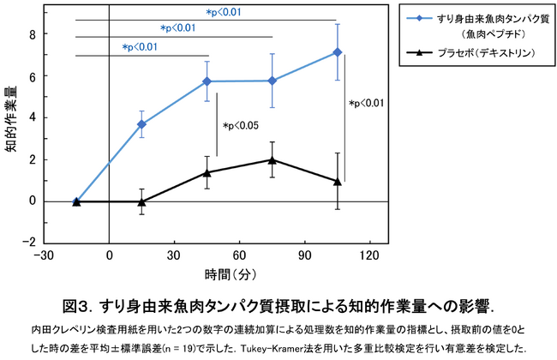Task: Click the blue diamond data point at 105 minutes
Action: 337,52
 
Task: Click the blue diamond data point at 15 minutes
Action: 141,124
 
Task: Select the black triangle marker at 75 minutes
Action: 272,159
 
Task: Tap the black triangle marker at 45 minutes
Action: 207,172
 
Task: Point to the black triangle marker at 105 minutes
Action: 337,181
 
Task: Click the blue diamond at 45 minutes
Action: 207,81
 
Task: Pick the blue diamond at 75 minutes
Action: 272,81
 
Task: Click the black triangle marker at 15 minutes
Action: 141,201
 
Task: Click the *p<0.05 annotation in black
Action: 241,126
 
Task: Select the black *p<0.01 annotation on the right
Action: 366,104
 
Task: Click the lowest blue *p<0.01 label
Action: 139,47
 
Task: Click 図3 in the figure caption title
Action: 79,306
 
